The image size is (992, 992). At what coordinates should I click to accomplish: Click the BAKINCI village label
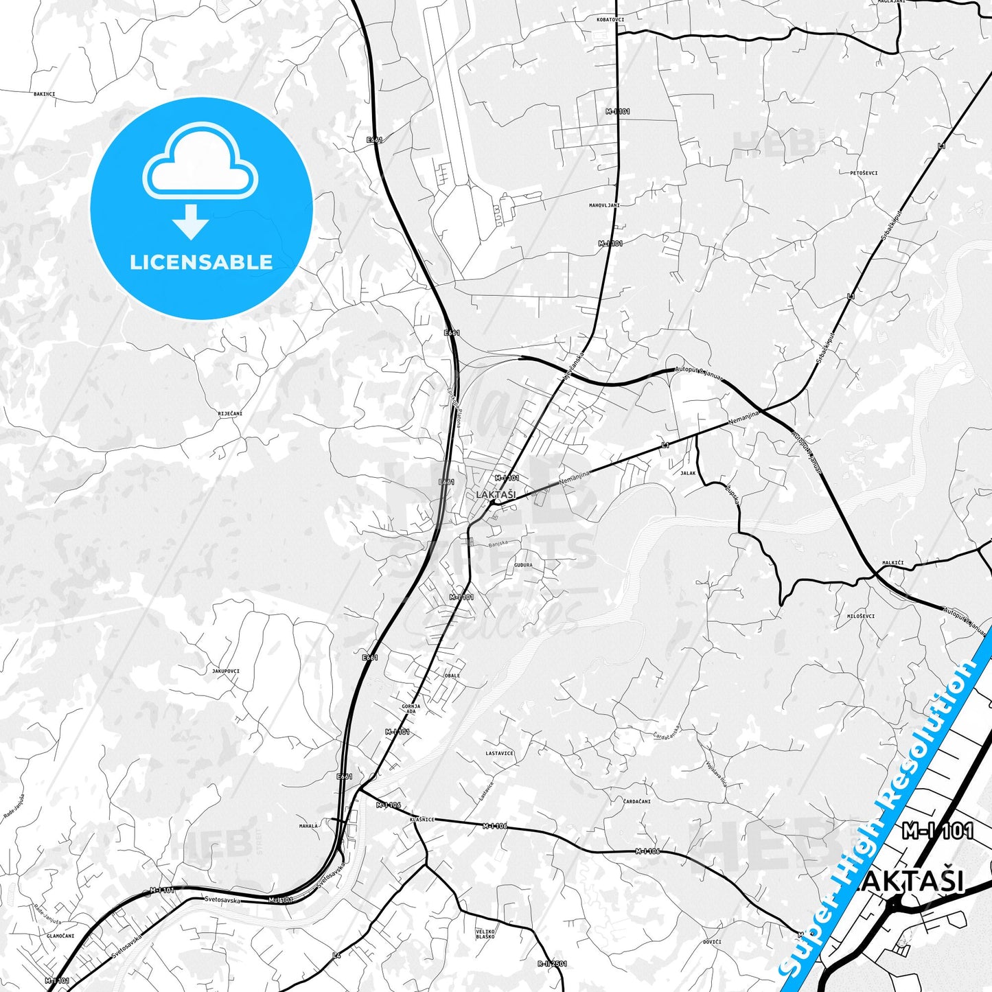coord(44,94)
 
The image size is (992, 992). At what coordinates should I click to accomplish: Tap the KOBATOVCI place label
coord(610,19)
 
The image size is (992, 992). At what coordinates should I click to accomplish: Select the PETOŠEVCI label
coord(864,173)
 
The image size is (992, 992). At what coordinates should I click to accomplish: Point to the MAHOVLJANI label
coord(604,205)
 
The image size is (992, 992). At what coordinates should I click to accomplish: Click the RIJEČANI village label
coord(230,414)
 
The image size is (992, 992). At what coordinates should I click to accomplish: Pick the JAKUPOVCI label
coord(226,671)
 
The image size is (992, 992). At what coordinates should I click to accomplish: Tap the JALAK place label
coord(688,473)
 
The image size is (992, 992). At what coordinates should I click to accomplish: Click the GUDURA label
coord(523,565)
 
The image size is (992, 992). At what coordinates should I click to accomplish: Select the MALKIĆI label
coord(892,563)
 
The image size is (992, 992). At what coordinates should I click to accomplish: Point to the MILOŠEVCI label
coord(861,616)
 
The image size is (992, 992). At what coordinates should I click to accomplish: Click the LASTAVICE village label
coord(499,753)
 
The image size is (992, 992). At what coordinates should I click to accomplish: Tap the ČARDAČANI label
coord(636,801)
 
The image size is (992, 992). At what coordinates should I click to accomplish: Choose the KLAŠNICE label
coord(422,819)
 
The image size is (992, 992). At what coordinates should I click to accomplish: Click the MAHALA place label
coord(308,826)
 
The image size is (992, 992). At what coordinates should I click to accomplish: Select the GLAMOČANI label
coord(60,936)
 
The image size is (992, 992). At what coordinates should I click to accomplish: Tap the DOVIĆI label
coord(712,942)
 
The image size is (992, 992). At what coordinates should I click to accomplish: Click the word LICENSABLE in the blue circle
coord(201,262)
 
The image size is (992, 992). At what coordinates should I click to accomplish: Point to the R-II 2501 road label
coord(552,964)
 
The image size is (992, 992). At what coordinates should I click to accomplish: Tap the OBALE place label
coord(452,676)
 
